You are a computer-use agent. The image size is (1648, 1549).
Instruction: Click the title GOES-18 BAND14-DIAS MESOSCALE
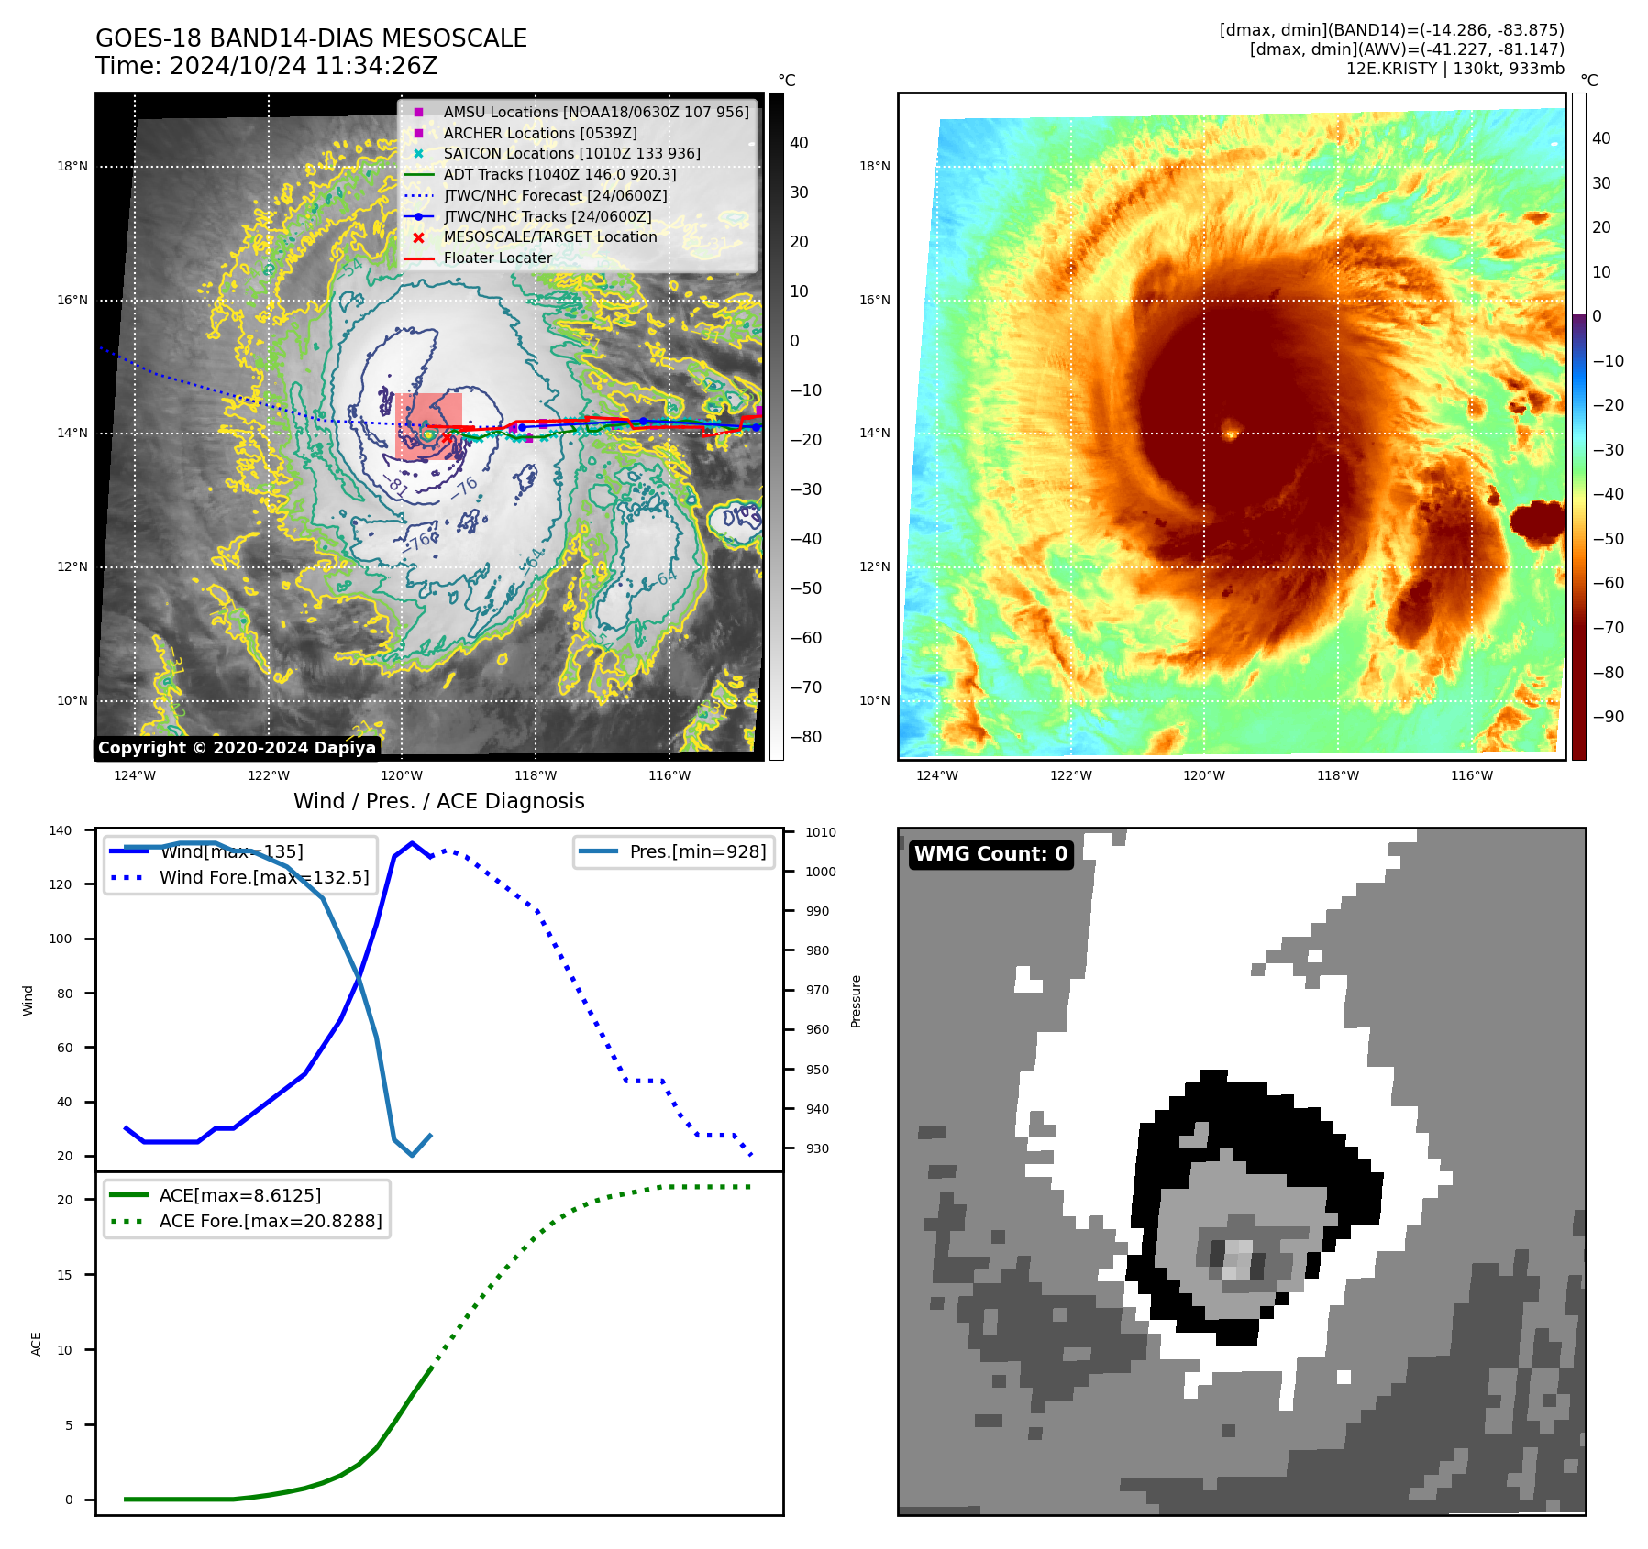(311, 38)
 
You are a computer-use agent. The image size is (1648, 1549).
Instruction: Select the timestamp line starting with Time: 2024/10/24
(266, 67)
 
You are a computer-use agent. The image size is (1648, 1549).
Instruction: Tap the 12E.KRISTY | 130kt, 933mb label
(1454, 69)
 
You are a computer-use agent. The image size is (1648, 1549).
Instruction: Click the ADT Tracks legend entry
(559, 174)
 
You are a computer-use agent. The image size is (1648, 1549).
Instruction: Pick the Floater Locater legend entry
(497, 258)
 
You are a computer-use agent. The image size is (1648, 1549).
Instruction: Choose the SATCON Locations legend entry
(571, 153)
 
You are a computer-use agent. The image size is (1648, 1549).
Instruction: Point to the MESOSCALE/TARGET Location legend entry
(550, 236)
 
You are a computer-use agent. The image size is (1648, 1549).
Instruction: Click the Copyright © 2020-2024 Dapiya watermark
(237, 748)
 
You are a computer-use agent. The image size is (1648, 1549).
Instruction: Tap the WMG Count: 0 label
(990, 854)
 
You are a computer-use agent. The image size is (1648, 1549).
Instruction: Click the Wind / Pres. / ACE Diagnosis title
(438, 801)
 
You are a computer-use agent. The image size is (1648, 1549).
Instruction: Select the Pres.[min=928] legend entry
(697, 851)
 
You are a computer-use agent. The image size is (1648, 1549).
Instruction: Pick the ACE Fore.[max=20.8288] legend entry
(271, 1221)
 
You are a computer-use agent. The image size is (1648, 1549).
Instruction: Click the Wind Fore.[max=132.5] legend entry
(264, 877)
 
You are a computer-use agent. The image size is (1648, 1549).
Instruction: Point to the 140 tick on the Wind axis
(61, 830)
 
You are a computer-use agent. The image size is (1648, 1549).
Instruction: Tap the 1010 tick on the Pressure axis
(821, 832)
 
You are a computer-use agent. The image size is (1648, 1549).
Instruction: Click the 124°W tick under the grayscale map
(135, 775)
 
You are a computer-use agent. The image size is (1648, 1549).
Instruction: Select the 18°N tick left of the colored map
(874, 166)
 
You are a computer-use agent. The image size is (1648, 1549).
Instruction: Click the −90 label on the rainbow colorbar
(1608, 717)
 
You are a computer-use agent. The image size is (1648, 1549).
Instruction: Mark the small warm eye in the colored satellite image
(1231, 428)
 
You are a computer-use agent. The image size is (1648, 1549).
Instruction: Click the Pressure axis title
(856, 1001)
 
